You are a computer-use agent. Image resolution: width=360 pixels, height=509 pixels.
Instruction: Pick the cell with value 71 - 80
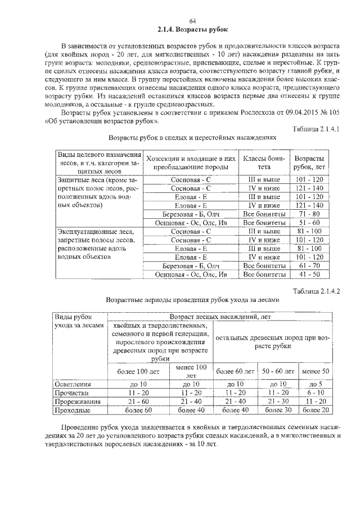point(309,215)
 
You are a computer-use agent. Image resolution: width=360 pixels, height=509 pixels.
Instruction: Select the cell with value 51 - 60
point(309,223)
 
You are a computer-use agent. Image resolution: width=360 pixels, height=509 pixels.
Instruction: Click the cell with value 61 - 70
point(309,265)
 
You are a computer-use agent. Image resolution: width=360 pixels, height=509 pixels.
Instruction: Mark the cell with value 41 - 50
point(309,274)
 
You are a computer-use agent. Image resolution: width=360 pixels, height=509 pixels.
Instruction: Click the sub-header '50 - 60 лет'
point(276,372)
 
